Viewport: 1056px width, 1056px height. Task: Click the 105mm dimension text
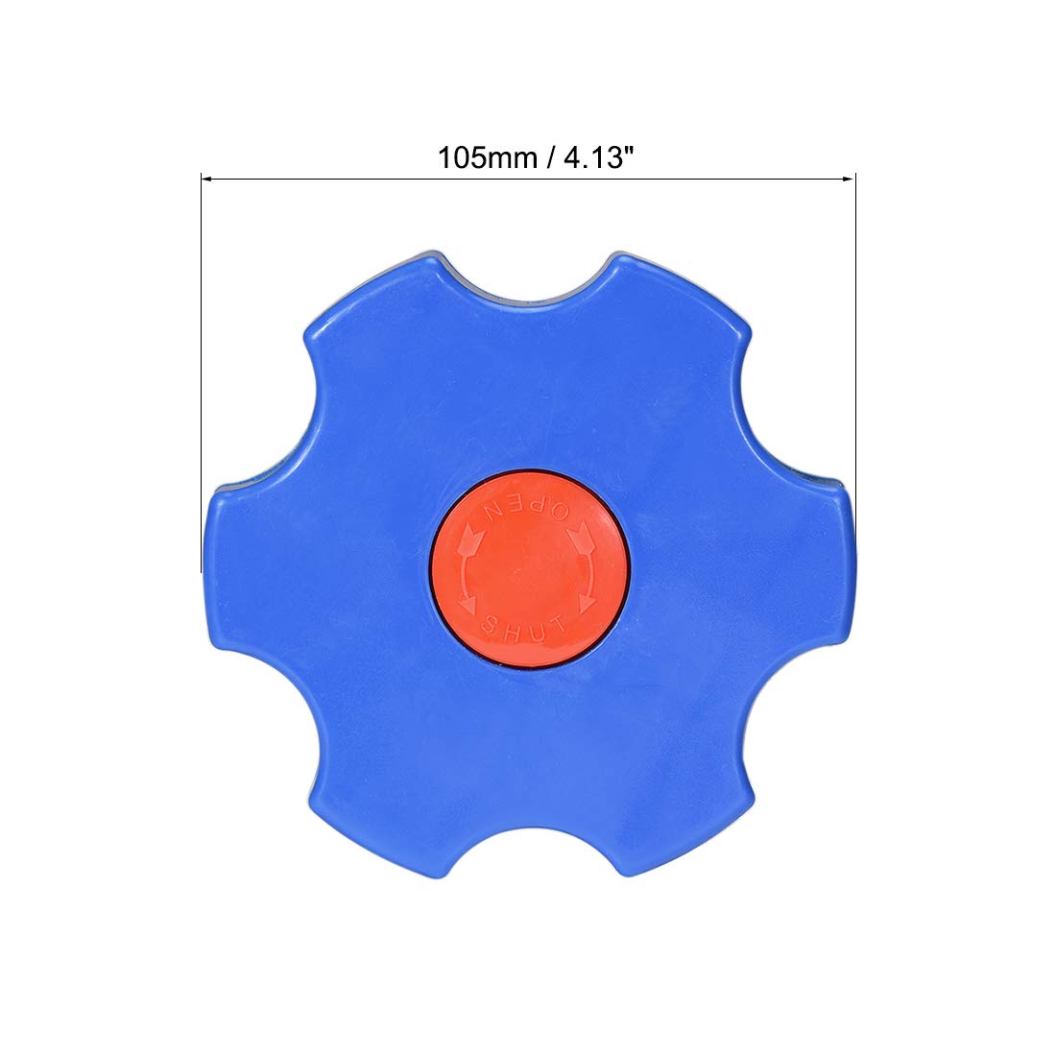(488, 158)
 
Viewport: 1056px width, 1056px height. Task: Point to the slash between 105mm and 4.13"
(551, 158)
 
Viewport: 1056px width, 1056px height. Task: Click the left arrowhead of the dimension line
(207, 180)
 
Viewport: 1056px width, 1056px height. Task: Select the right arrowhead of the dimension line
(849, 180)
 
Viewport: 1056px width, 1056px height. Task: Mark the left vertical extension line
(202, 372)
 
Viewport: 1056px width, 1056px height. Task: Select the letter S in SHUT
(491, 624)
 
